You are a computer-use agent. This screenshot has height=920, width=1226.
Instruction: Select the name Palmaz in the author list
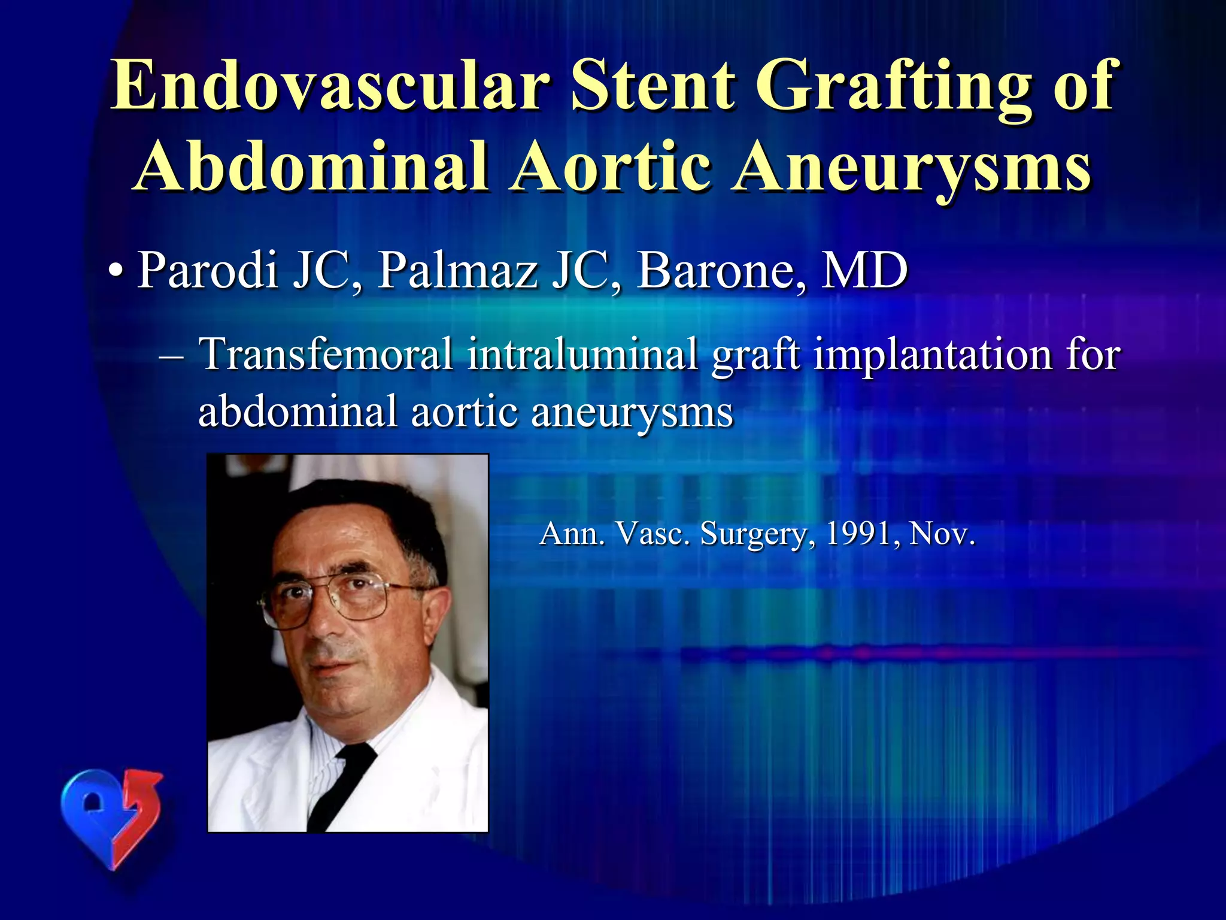point(457,271)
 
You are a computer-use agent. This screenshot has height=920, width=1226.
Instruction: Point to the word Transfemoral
point(326,355)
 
